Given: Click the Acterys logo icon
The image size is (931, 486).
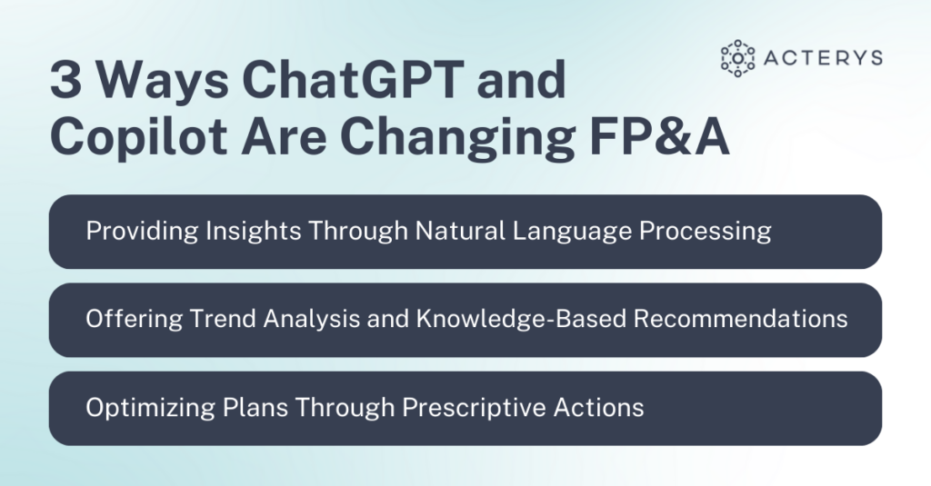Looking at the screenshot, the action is click(737, 58).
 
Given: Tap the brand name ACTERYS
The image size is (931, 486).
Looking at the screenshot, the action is click(823, 58).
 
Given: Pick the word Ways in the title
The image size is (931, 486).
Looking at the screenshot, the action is click(163, 82).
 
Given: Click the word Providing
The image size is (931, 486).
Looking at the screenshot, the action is click(141, 231).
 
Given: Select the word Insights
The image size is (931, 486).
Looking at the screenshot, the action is click(253, 231).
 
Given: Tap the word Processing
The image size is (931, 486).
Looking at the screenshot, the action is click(705, 231).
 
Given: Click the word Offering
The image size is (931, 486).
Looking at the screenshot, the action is click(135, 319).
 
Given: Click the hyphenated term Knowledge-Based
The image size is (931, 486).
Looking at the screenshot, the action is click(521, 319).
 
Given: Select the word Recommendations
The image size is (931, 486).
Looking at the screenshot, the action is click(740, 319).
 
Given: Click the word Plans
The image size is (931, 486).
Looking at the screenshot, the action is click(255, 408).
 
